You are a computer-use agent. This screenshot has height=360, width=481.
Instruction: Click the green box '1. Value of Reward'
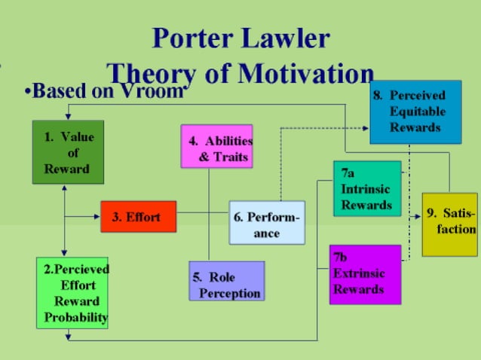coord(68,152)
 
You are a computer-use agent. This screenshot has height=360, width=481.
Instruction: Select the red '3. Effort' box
coord(138,217)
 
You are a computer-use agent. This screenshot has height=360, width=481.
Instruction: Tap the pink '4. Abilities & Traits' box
coord(216,146)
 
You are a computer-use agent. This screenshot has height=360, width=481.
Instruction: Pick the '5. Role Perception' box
coord(226,281)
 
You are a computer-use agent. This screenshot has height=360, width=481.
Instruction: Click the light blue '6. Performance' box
coord(267,223)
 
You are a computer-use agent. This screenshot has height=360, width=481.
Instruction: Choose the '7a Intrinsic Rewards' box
coord(367,188)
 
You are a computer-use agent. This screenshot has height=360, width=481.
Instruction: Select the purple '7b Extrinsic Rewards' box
coord(365,274)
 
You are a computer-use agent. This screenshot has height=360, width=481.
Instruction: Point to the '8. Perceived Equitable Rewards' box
coord(415,112)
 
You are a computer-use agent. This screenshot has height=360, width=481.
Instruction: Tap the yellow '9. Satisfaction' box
coord(449,224)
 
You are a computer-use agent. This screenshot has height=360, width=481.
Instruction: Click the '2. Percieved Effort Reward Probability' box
coord(72,292)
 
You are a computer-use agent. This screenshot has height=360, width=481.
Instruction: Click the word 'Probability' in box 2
coord(75,317)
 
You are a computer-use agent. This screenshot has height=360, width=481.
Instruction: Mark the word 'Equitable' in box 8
coord(417,111)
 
